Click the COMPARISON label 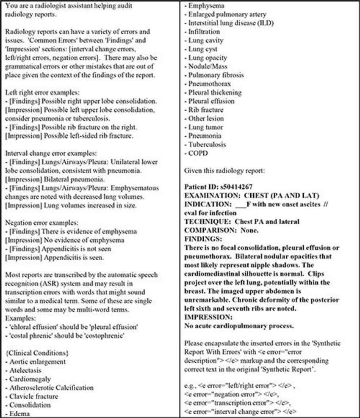point(206,230)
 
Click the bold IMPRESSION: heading point(203,317)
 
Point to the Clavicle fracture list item point(33,396)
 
